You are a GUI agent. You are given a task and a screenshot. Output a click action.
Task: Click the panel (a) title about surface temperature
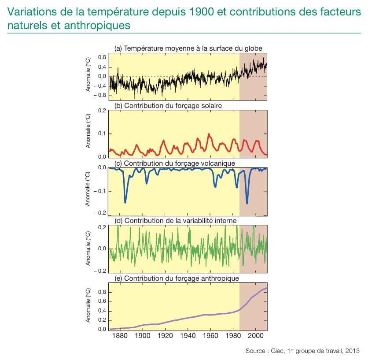click(x=188, y=48)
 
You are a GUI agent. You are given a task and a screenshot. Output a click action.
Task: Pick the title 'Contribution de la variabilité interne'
click(x=176, y=220)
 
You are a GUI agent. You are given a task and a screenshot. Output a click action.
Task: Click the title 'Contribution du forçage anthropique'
click(x=177, y=278)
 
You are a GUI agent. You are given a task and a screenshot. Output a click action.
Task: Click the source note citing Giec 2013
click(x=303, y=351)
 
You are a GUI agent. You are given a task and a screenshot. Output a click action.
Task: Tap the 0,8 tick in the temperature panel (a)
click(x=102, y=57)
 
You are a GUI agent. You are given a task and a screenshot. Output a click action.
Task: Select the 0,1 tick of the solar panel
click(x=103, y=134)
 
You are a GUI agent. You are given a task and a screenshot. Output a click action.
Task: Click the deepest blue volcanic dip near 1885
click(x=125, y=202)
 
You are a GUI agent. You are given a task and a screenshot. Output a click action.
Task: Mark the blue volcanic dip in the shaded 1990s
click(x=247, y=203)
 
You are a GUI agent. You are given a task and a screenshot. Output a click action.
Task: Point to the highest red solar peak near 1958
click(x=209, y=134)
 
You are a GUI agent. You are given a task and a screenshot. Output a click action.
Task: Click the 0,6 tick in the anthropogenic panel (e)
click(x=102, y=301)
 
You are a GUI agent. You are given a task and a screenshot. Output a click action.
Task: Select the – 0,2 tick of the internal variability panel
click(x=100, y=271)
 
